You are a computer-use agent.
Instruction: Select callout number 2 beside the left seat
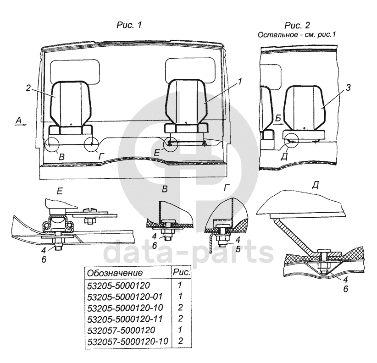pyautogui.click(x=28, y=88)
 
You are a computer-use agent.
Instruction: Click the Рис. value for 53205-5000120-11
pyautogui.click(x=180, y=319)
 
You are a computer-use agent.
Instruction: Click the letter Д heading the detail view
pyautogui.click(x=315, y=185)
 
